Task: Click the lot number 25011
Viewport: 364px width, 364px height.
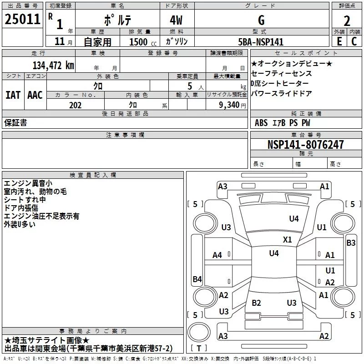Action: click(x=22, y=20)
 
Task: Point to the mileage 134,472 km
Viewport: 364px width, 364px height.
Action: click(x=54, y=65)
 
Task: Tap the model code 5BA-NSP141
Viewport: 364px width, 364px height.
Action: click(x=261, y=42)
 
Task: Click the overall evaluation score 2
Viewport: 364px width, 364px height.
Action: click(x=347, y=20)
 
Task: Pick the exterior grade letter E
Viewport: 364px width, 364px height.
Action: click(x=339, y=41)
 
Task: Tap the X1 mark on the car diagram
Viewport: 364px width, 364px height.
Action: click(x=287, y=239)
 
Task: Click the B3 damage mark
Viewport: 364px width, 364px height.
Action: click(x=351, y=243)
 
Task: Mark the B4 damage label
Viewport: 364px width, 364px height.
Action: click(x=197, y=279)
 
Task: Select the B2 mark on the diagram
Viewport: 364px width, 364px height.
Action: click(x=257, y=303)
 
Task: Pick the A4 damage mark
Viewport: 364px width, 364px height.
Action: click(x=217, y=255)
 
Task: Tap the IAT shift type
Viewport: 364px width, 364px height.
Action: click(x=13, y=95)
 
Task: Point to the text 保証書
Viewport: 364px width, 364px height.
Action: click(x=15, y=122)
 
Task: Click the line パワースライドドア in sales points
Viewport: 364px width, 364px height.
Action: click(x=281, y=94)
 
